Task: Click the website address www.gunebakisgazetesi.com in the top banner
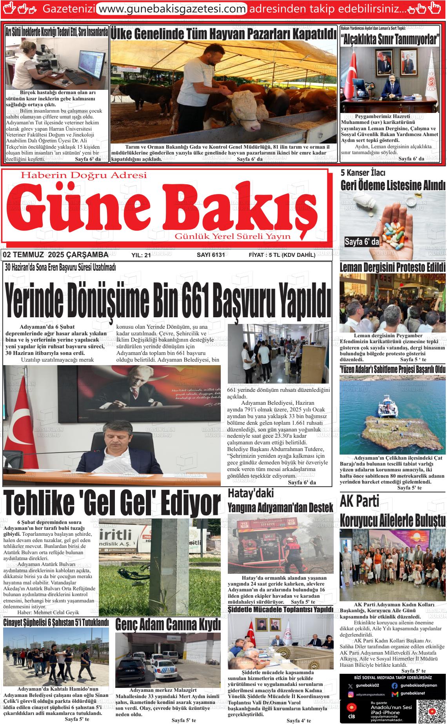(x=171, y=8)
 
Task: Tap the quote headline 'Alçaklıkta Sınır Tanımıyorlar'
(x=390, y=40)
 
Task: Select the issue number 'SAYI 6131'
(x=211, y=255)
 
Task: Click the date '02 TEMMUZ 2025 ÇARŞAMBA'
(x=55, y=255)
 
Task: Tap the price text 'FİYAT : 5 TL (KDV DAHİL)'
(x=282, y=255)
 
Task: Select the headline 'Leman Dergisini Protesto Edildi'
(x=392, y=268)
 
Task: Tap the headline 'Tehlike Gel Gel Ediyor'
(x=112, y=504)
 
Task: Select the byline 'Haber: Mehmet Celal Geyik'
(x=48, y=612)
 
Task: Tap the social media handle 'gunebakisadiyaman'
(x=418, y=685)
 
